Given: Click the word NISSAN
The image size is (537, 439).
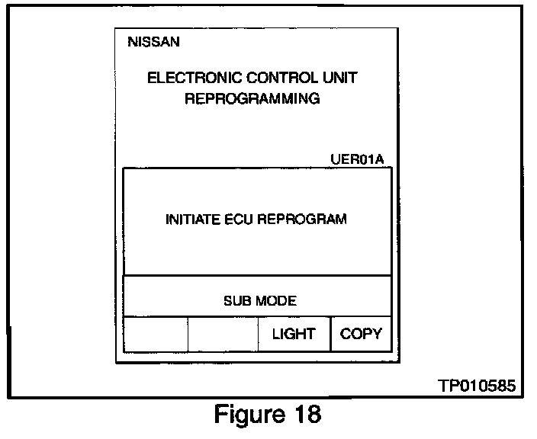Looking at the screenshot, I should (154, 43).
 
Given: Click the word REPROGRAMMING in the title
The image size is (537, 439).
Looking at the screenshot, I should (252, 99).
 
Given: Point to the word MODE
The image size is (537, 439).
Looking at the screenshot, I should (277, 301).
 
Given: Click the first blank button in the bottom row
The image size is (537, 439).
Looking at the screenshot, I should (156, 334).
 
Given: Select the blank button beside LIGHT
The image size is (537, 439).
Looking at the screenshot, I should (222, 334).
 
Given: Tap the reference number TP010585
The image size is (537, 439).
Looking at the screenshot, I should (476, 387).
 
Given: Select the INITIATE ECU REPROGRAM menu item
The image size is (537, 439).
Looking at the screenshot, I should (256, 219).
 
